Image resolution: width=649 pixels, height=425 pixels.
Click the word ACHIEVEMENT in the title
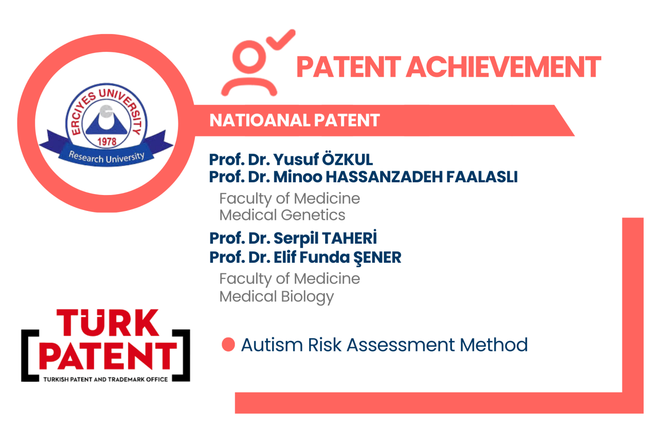pos(504,67)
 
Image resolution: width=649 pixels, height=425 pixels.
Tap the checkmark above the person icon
pos(281,40)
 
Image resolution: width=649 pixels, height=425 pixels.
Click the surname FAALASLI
pos(482,177)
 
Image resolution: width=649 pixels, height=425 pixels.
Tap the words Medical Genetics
pos(282,215)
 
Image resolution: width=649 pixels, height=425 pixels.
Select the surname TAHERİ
pos(349,237)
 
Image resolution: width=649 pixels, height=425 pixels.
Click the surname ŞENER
pos(377,258)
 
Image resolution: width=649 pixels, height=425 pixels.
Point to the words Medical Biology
pos(277,297)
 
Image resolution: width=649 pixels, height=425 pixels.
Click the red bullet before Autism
pos(228,345)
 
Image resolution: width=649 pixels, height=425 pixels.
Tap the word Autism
pos(272,345)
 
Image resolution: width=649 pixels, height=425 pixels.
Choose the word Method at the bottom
pos(494,345)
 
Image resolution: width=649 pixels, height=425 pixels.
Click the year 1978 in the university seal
pos(107,141)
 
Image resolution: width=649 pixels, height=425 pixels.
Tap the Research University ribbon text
pos(106,158)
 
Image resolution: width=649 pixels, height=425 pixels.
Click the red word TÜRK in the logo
pos(108,323)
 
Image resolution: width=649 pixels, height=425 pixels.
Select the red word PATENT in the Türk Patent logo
pos(108,356)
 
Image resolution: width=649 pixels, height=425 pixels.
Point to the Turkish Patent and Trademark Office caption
pos(105,380)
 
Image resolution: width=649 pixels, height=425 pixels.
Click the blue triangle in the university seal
pos(107,122)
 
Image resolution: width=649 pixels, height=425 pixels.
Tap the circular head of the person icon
pos(249,57)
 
